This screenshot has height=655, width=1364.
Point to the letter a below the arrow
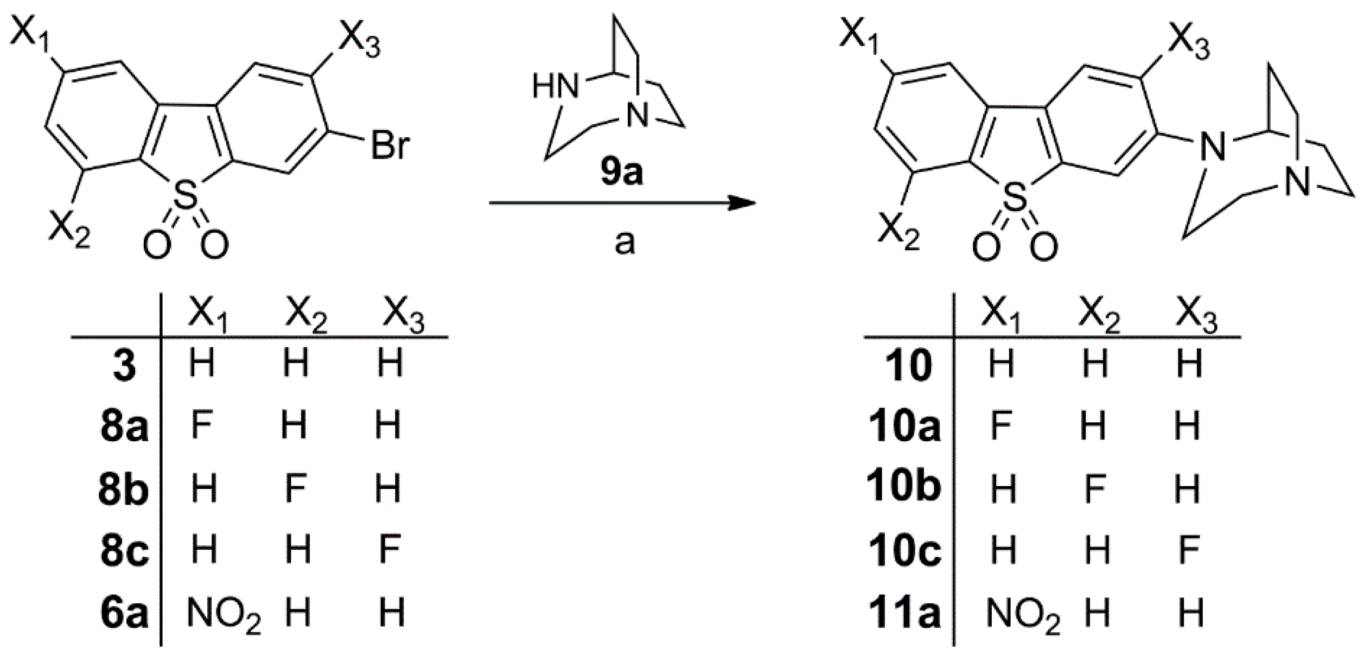pyautogui.click(x=624, y=243)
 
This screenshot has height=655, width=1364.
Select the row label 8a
pyautogui.click(x=124, y=427)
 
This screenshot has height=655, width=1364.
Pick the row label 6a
pyautogui.click(x=124, y=613)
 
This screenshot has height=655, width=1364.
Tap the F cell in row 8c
pyautogui.click(x=390, y=550)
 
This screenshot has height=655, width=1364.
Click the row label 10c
pyautogui.click(x=904, y=551)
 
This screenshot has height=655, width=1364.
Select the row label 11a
pyautogui.click(x=904, y=613)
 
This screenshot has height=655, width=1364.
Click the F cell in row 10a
pyautogui.click(x=1001, y=426)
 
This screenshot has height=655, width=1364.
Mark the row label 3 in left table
pyautogui.click(x=125, y=365)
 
